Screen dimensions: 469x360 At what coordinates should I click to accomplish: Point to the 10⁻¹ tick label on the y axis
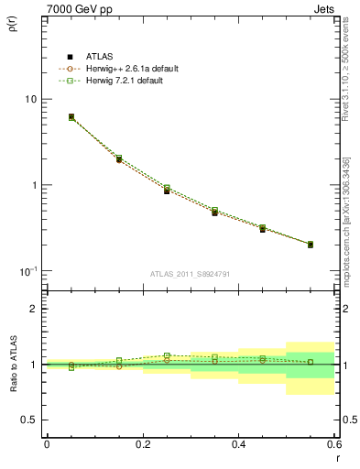click(28, 271)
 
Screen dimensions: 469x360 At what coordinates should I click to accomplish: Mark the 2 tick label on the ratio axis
click(33, 309)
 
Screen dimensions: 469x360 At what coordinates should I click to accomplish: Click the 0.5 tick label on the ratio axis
click(29, 420)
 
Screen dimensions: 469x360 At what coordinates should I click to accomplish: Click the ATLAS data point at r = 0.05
click(71, 117)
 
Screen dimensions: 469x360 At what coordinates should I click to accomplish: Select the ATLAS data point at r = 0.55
click(311, 245)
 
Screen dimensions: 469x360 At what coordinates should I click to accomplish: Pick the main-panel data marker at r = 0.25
click(167, 191)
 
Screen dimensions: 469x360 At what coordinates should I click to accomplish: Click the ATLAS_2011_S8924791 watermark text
click(191, 273)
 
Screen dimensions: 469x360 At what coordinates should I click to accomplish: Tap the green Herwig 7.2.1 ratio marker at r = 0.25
click(167, 355)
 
